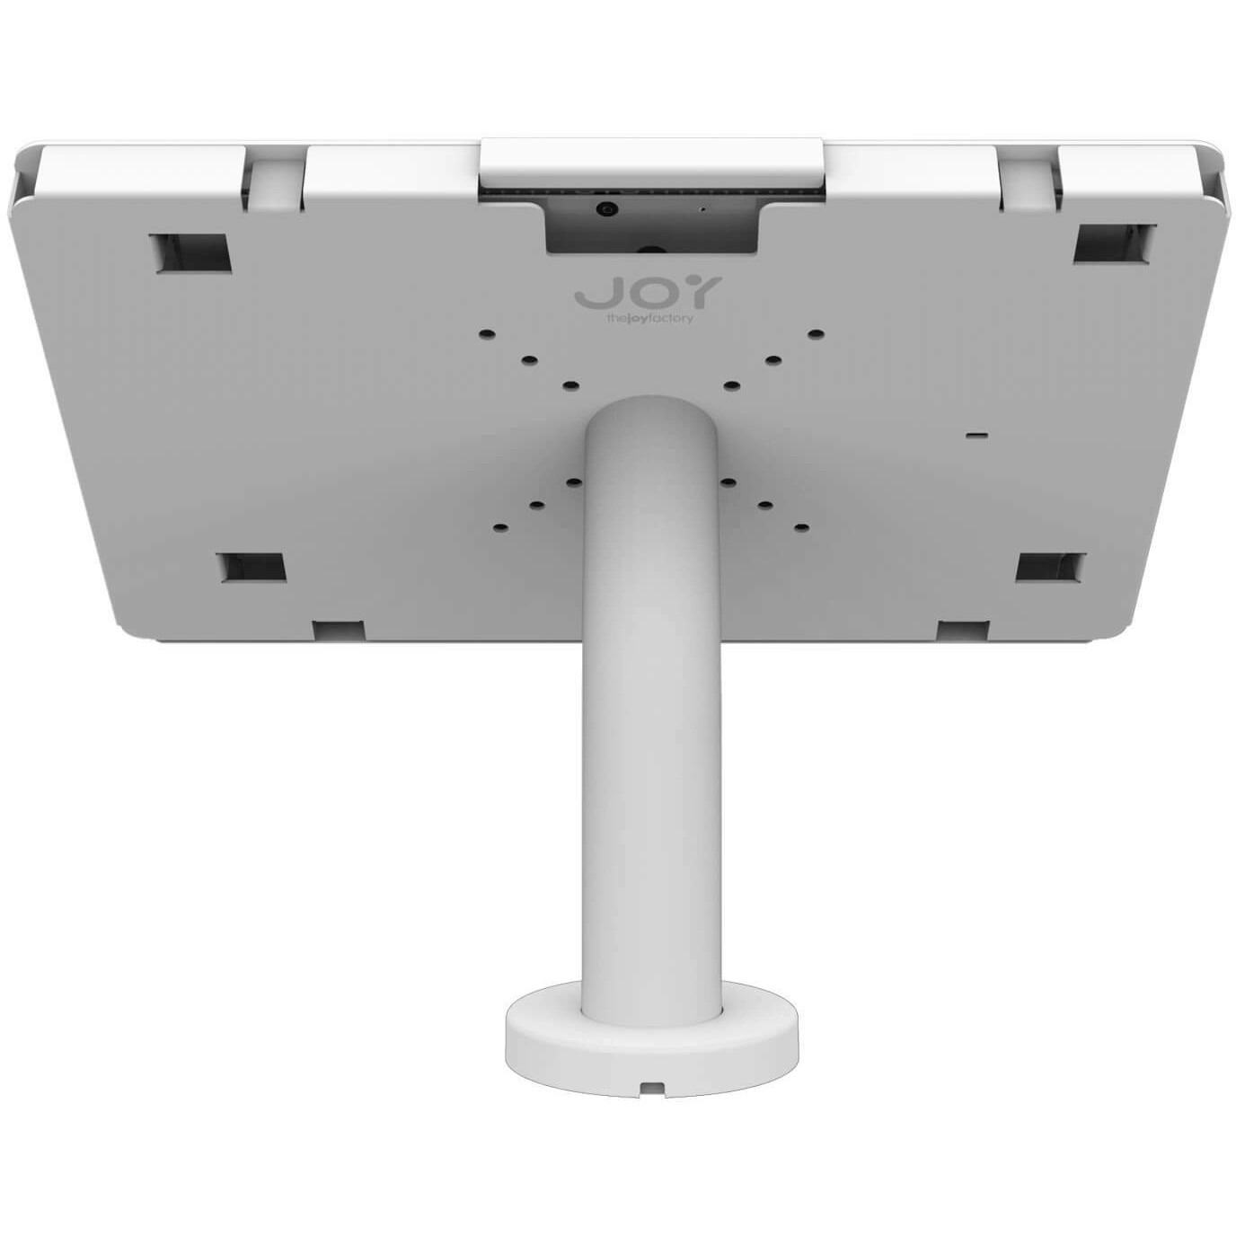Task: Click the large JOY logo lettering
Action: click(x=647, y=293)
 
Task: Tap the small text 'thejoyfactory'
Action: click(x=649, y=318)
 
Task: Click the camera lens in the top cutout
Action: click(x=607, y=209)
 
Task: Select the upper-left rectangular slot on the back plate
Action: click(x=190, y=253)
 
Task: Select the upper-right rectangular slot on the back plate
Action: click(x=1115, y=243)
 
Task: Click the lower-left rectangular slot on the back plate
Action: click(x=254, y=567)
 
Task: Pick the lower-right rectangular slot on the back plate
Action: click(x=1051, y=567)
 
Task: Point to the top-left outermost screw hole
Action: click(x=488, y=334)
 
